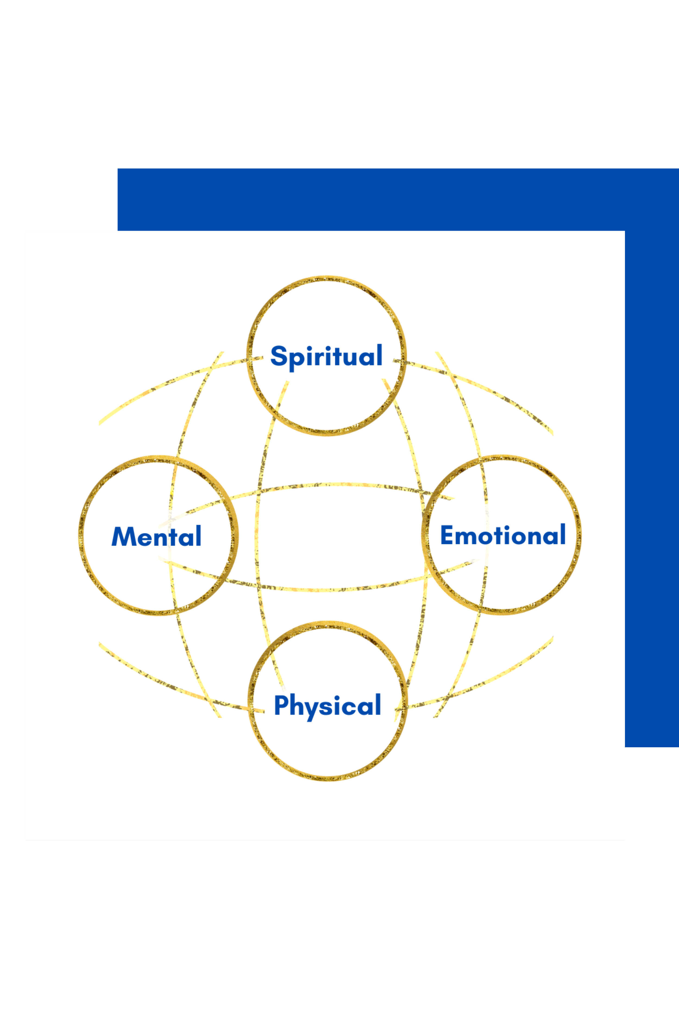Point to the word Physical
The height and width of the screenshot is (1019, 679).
tap(327, 705)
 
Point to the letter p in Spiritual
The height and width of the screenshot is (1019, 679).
tap(297, 360)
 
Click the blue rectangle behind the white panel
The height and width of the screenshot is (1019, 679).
tap(390, 199)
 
